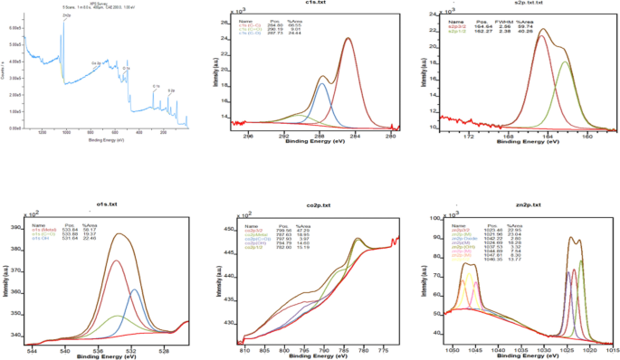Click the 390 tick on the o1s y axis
pyautogui.click(x=19, y=228)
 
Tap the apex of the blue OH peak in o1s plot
pyautogui.click(x=134, y=289)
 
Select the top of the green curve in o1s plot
pyautogui.click(x=116, y=316)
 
